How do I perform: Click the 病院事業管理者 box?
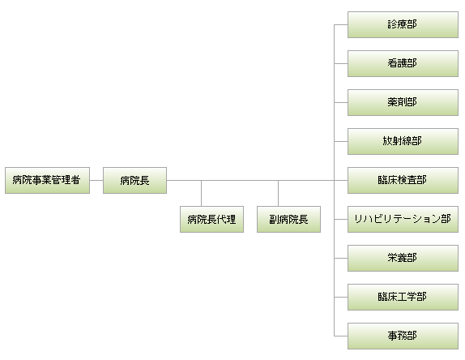pos(48,181)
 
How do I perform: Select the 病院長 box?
pos(135,181)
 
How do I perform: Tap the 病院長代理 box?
pos(211,219)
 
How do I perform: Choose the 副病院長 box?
pos(289,219)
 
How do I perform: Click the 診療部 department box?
pos(403,24)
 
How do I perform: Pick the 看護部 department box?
pos(403,63)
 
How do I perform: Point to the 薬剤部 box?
pos(403,102)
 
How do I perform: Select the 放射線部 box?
pos(403,141)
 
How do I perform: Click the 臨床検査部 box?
pos(403,181)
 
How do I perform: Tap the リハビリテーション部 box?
pos(403,219)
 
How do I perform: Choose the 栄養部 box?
pos(403,258)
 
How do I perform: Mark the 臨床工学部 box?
pos(403,297)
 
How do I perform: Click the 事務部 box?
pos(403,336)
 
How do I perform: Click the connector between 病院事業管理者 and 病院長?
pos(96,180)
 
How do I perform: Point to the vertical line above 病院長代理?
pos(201,193)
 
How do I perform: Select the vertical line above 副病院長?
pos(278,193)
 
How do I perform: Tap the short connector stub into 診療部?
pos(341,24)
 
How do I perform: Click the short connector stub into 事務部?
pos(341,336)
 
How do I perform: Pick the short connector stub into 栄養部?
pos(341,258)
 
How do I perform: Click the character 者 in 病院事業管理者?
pos(75,180)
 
